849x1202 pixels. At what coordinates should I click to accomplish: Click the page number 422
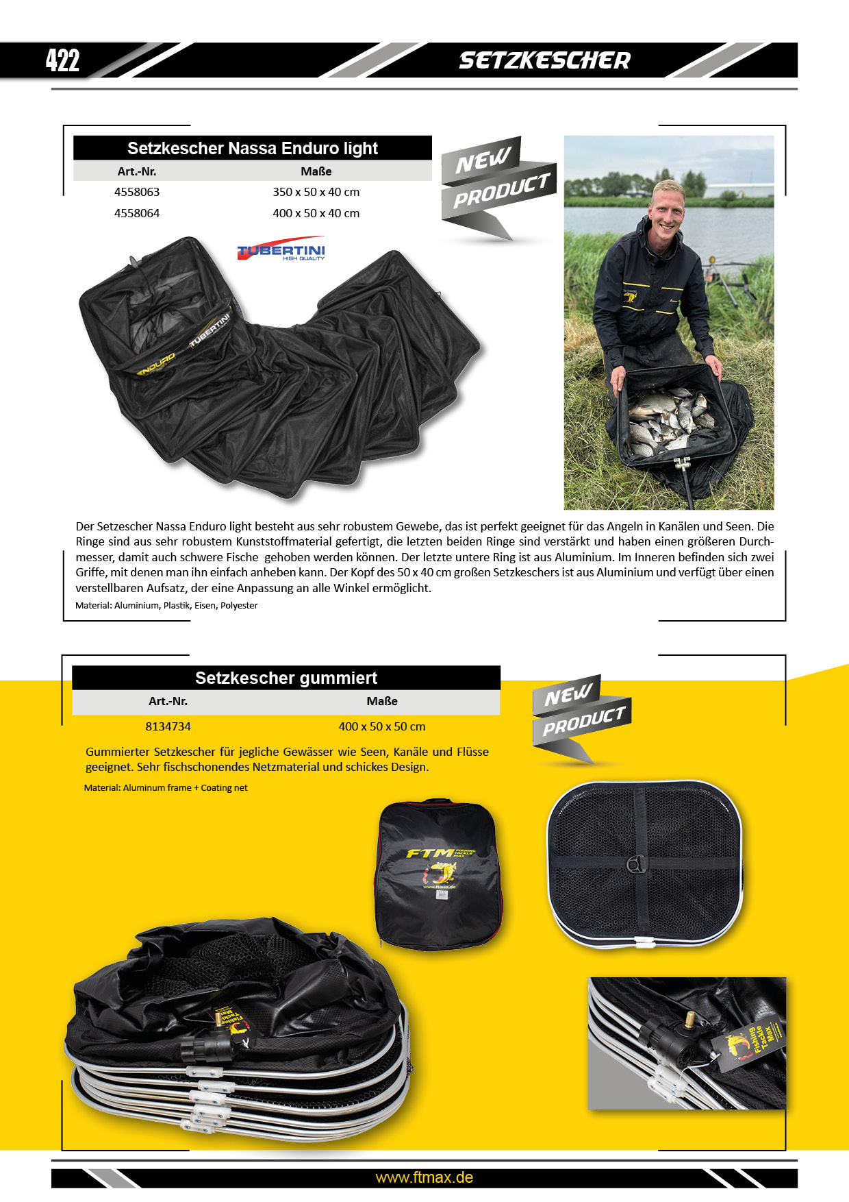62,60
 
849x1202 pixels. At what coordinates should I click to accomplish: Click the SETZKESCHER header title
544,60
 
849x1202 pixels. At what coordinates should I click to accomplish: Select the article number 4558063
137,192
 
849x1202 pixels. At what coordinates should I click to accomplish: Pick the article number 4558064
137,213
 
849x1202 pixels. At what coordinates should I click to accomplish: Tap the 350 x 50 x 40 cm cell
316,192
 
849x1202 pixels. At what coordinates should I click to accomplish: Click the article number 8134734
168,726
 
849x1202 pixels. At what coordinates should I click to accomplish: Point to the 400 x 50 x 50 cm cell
382,726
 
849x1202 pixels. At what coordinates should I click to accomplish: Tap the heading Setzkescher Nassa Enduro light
252,148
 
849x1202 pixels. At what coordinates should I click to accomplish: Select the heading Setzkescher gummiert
286,678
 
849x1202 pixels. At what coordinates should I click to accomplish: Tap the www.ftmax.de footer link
424,1177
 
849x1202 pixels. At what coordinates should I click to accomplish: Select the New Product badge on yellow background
581,717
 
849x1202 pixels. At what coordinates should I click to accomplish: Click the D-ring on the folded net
636,865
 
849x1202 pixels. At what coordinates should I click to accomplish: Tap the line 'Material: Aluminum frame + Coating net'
166,787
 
